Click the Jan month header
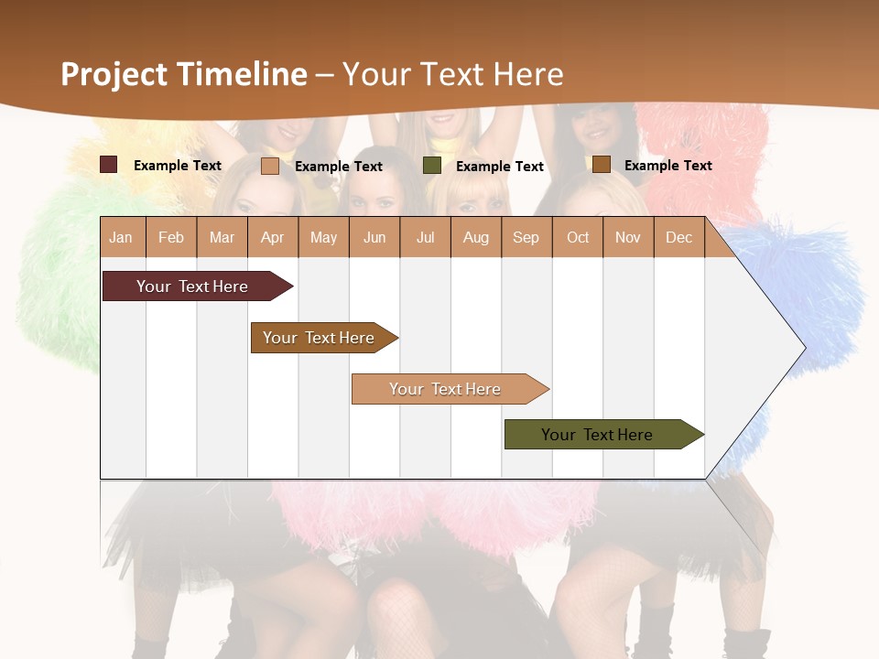(x=122, y=237)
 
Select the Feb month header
(x=171, y=237)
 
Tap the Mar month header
(x=222, y=237)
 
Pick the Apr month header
(x=273, y=237)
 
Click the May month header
(x=323, y=237)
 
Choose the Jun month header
(x=374, y=237)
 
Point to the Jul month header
(x=425, y=237)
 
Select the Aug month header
(x=476, y=237)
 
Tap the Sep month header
(x=526, y=237)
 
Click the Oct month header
(x=578, y=237)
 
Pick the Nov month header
(x=628, y=237)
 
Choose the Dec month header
(x=679, y=237)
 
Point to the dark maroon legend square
(x=109, y=165)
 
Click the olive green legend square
(x=432, y=166)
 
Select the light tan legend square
(x=270, y=166)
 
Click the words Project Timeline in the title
(x=184, y=74)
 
